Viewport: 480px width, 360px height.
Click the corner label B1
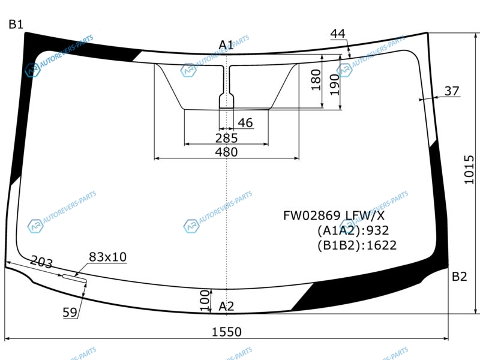16,24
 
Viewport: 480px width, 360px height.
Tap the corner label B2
459,277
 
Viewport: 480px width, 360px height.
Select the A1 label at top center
226,46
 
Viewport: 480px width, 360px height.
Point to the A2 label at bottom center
226,306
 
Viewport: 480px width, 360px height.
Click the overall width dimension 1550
227,332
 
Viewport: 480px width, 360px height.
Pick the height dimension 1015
469,170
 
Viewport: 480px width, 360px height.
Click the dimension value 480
226,152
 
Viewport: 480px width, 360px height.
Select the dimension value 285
226,139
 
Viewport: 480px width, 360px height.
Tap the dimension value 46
245,123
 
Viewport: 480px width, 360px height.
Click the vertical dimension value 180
316,80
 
